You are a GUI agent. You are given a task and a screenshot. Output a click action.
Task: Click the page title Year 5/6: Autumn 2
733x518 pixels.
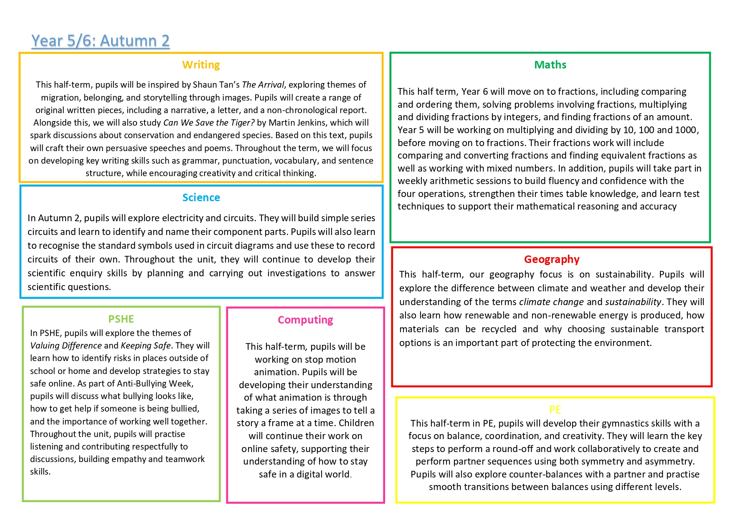click(x=101, y=41)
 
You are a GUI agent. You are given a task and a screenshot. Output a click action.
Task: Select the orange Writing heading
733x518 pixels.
click(x=201, y=65)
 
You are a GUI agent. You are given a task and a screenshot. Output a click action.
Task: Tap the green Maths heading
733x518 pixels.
click(x=550, y=65)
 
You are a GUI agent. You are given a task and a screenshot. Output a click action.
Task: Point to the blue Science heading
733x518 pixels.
click(x=201, y=197)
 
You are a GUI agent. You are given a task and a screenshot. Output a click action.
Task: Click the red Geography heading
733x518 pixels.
click(x=552, y=259)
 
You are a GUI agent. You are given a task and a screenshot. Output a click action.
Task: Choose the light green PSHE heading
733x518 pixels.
click(x=121, y=319)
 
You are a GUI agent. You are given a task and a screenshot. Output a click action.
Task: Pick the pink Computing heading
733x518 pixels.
click(x=305, y=320)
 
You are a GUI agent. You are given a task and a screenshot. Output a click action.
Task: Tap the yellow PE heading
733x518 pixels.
click(x=555, y=409)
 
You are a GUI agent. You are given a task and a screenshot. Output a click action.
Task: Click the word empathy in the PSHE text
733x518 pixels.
click(x=129, y=459)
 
